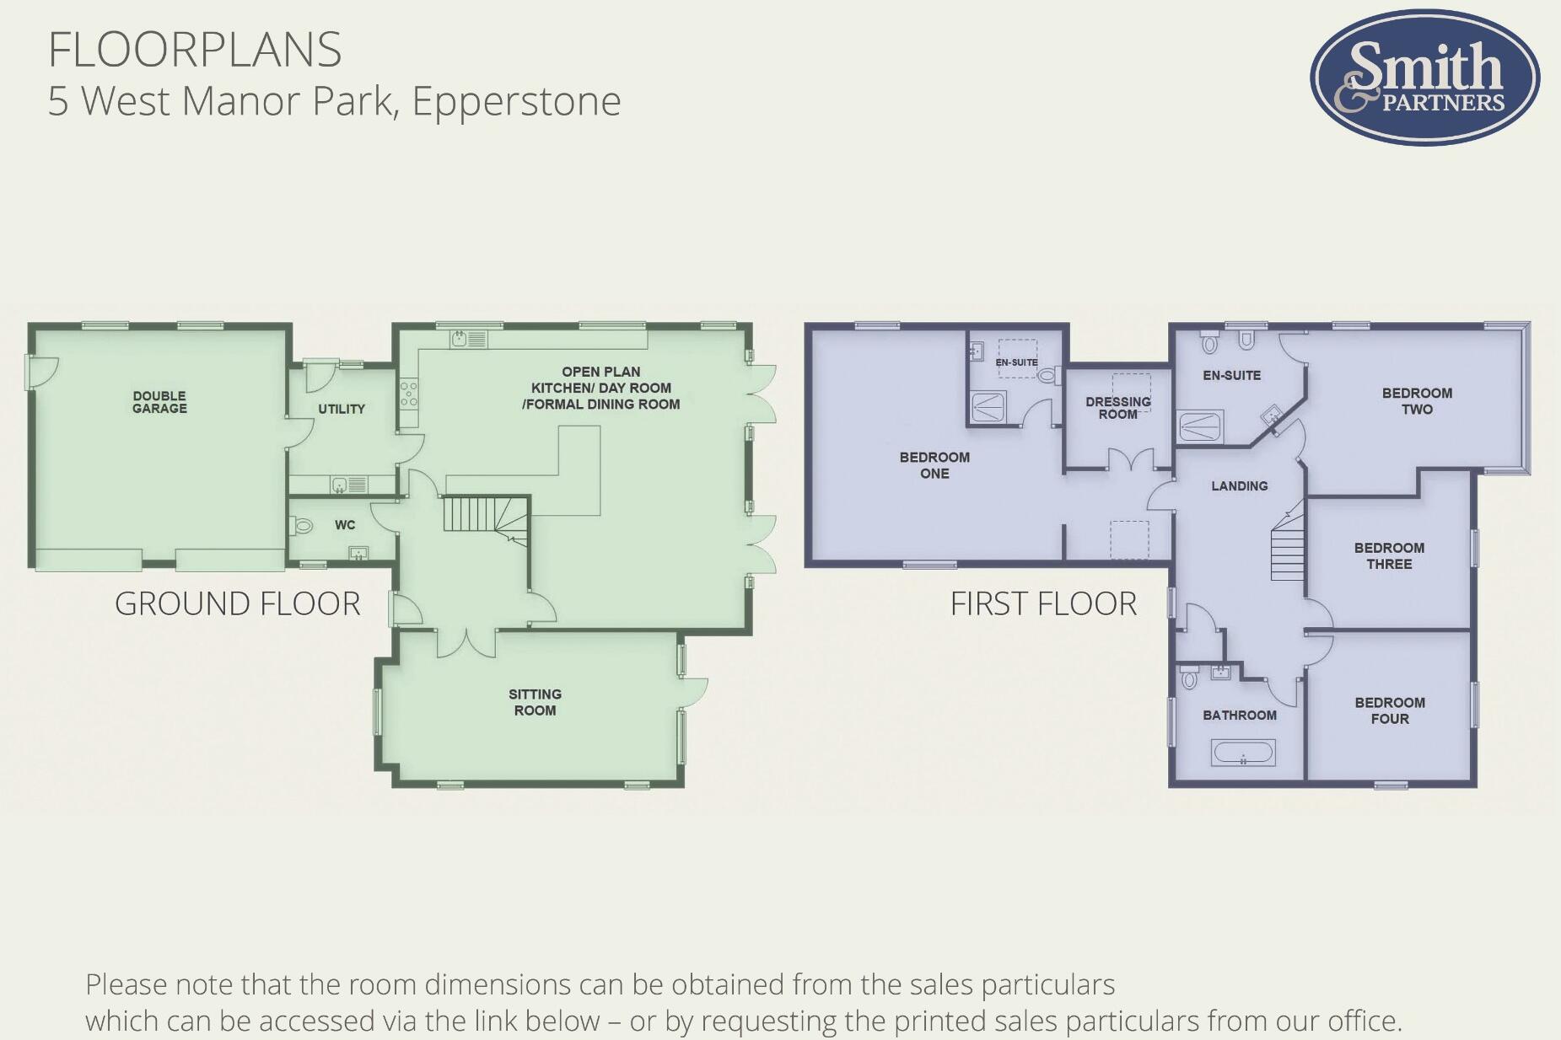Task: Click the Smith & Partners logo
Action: (x=1424, y=78)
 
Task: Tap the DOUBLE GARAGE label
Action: (x=159, y=402)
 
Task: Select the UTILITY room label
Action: (x=342, y=409)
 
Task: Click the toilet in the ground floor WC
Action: (x=301, y=526)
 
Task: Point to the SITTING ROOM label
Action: (x=535, y=702)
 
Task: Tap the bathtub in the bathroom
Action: (x=1243, y=753)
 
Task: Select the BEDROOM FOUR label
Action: (x=1390, y=710)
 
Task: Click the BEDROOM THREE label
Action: (x=1389, y=555)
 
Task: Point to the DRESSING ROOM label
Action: (x=1118, y=408)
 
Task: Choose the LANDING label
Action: (x=1239, y=485)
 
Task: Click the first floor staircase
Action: (x=1288, y=548)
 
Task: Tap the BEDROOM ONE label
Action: (x=934, y=465)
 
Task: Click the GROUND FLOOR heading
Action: (x=237, y=603)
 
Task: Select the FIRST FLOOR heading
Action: (x=1043, y=603)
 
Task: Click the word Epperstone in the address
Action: (x=516, y=101)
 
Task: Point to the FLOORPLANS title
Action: (x=195, y=50)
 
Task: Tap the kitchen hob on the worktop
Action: (x=408, y=394)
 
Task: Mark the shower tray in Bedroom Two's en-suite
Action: (x=1199, y=426)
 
